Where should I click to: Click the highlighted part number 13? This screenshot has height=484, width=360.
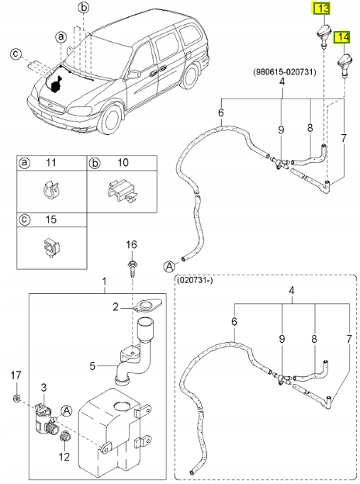pyautogui.click(x=322, y=9)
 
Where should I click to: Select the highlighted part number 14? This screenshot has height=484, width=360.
pyautogui.click(x=342, y=37)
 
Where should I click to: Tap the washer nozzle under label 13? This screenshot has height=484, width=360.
pyautogui.click(x=324, y=36)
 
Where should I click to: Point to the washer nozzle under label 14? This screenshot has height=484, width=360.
pyautogui.click(x=344, y=65)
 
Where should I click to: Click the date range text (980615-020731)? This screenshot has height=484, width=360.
pyautogui.click(x=285, y=72)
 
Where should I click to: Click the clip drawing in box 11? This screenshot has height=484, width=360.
pyautogui.click(x=50, y=191)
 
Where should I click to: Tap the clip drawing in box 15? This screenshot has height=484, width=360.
pyautogui.click(x=51, y=247)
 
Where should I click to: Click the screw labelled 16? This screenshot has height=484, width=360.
pyautogui.click(x=132, y=268)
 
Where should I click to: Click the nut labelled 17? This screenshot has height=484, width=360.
pyautogui.click(x=17, y=399)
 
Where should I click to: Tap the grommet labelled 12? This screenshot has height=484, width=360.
pyautogui.click(x=65, y=437)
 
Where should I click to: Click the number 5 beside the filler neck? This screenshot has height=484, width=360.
pyautogui.click(x=92, y=366)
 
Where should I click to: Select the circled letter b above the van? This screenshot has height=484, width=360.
pyautogui.click(x=83, y=9)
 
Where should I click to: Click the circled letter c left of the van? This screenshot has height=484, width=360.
pyautogui.click(x=16, y=54)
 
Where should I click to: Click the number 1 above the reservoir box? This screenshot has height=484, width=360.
pyautogui.click(x=105, y=282)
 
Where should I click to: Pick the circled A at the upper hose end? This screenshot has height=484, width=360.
pyautogui.click(x=168, y=266)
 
